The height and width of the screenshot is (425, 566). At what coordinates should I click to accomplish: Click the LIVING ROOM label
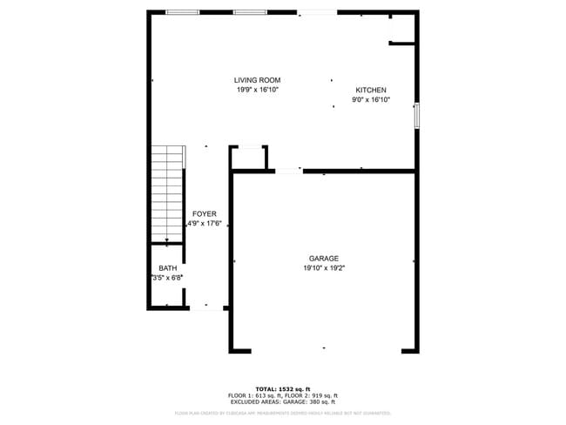click(x=257, y=80)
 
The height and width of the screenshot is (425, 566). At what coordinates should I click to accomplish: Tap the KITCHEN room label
click(x=371, y=91)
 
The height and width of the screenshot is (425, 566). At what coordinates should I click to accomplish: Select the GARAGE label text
click(x=323, y=258)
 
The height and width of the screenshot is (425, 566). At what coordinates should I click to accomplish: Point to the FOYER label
click(x=205, y=213)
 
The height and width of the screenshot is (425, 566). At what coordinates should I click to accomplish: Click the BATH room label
click(x=167, y=268)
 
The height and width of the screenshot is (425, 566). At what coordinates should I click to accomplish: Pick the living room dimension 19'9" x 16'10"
click(x=257, y=90)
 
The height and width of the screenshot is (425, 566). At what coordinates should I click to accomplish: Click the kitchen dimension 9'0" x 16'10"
click(x=371, y=100)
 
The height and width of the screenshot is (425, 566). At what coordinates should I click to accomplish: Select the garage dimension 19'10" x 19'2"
click(x=323, y=268)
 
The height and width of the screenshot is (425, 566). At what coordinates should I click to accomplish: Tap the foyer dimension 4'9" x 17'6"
click(x=205, y=223)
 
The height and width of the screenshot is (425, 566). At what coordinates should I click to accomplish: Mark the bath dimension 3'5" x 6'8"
click(x=167, y=279)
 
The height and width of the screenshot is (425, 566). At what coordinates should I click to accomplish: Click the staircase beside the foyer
click(x=168, y=193)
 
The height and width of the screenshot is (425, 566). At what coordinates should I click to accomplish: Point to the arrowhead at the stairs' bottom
click(x=167, y=239)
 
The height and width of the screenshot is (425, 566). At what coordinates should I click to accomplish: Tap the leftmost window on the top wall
click(x=182, y=12)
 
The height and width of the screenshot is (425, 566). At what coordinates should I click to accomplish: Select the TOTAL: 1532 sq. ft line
click(x=283, y=388)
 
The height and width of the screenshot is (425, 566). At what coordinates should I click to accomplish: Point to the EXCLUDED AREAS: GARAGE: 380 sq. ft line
click(x=283, y=402)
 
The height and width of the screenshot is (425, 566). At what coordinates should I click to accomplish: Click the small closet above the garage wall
click(x=248, y=159)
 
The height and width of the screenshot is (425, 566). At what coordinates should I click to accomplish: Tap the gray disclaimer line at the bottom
click(x=283, y=413)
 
